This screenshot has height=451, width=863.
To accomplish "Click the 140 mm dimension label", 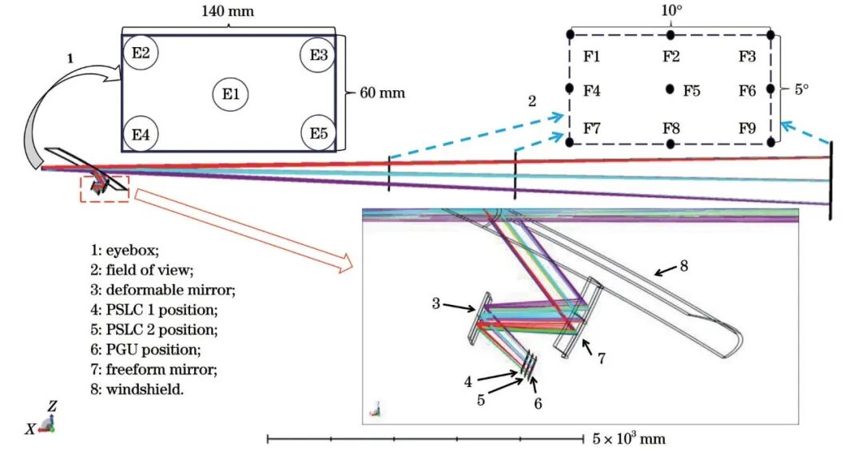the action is pyautogui.click(x=228, y=11).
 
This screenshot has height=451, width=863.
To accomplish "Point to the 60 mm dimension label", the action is pyautogui.click(x=383, y=93).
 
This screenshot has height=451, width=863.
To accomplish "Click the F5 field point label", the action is pyautogui.click(x=692, y=91).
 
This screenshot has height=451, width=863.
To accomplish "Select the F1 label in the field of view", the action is pyautogui.click(x=591, y=57).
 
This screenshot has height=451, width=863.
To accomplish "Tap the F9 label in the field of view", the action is pyautogui.click(x=747, y=129).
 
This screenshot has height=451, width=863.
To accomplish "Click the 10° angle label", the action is pyautogui.click(x=671, y=11).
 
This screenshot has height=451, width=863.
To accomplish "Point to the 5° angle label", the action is pyautogui.click(x=802, y=89).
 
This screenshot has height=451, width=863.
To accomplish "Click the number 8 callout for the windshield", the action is pyautogui.click(x=684, y=266).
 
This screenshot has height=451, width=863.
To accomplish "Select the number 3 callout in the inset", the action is pyautogui.click(x=436, y=303).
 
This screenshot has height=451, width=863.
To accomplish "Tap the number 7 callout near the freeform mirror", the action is pyautogui.click(x=602, y=358).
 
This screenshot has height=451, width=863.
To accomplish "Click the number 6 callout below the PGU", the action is pyautogui.click(x=538, y=404).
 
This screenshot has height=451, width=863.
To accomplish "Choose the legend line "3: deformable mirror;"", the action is pyautogui.click(x=163, y=290).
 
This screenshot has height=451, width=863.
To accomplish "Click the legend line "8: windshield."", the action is pyautogui.click(x=137, y=390).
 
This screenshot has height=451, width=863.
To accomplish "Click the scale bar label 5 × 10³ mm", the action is pyautogui.click(x=629, y=438).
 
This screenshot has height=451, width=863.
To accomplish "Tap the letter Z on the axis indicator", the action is pyautogui.click(x=52, y=407).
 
